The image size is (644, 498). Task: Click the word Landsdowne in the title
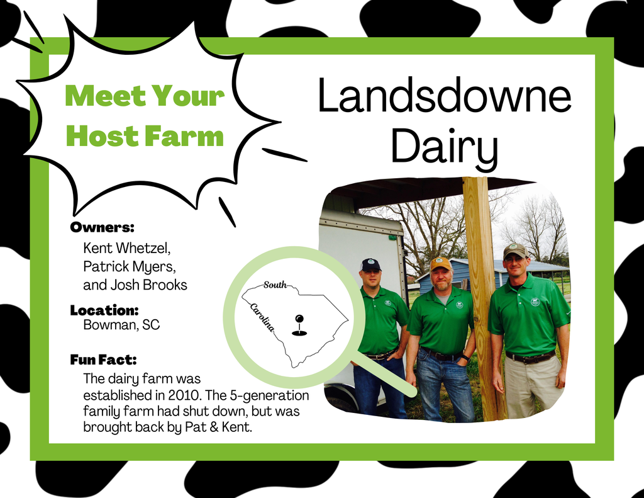coord(445,96)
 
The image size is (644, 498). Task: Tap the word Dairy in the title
coord(445,147)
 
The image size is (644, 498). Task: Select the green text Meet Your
coord(145,96)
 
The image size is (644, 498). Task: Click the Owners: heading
coord(103,227)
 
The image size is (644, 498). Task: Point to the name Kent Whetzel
coord(126,248)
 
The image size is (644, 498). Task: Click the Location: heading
coord(104,310)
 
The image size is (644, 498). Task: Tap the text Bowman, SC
coord(121,325)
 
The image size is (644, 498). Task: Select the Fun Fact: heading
coord(103,360)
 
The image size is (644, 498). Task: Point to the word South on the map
coord(275,285)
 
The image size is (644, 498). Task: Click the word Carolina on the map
coord(262,317)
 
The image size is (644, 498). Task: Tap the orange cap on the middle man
coord(441,264)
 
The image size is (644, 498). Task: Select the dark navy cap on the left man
coord(370,265)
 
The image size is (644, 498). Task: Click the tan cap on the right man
coord(516,251)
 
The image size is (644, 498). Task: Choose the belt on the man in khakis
coord(530,358)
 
